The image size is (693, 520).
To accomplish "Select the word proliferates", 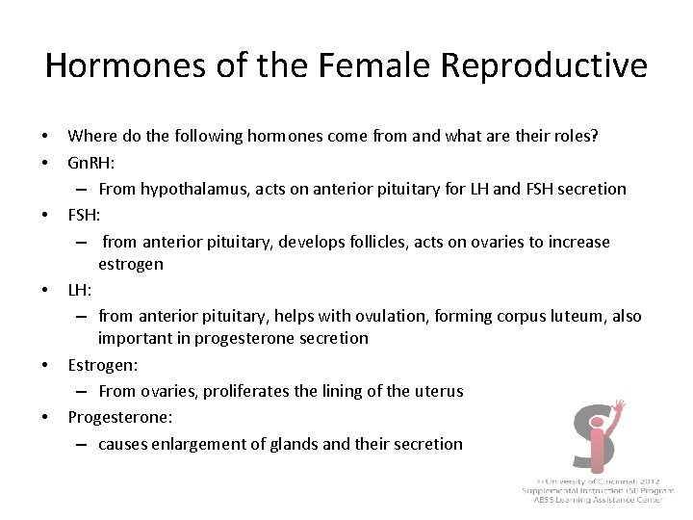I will click(x=247, y=391).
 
